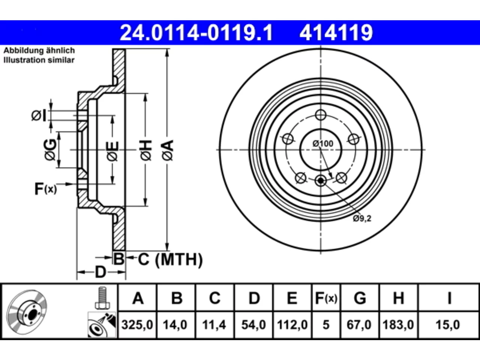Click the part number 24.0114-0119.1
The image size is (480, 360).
coord(196,33)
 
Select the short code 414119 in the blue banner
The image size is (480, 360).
coord(336,33)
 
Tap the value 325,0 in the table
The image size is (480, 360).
coord(137,325)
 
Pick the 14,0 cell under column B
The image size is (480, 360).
coord(175,325)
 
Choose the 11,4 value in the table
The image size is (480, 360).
coord(214,325)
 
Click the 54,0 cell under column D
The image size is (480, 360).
coord(253,325)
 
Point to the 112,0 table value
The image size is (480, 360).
coord(292,325)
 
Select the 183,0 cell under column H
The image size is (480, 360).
coord(398,325)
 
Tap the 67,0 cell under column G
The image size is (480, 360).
coord(359,325)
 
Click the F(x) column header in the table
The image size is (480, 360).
coord(326,298)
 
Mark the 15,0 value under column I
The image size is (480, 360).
coord(448,325)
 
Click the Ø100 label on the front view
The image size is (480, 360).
coord(323,144)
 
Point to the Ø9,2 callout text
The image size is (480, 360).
coord(362,218)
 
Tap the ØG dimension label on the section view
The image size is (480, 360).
coord(51,150)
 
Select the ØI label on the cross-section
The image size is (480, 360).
coord(39,115)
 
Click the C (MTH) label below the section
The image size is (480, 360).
coord(170,259)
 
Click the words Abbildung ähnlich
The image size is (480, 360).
coord(39,51)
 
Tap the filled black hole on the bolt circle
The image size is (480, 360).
coord(321,180)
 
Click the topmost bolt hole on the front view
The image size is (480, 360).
coord(321,115)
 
